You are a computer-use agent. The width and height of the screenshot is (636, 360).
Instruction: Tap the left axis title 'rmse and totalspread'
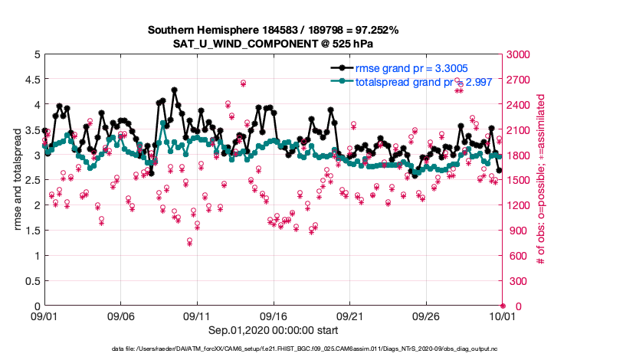pyautogui.click(x=18, y=180)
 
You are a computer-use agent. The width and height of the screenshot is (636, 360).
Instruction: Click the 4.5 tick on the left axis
pyautogui.click(x=31, y=80)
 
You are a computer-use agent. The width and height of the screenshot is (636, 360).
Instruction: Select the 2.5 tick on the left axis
pyautogui.click(x=31, y=180)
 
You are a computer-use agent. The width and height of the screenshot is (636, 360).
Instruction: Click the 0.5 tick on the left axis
pyautogui.click(x=31, y=281)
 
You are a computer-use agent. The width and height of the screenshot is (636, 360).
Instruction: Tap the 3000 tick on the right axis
pyautogui.click(x=519, y=54)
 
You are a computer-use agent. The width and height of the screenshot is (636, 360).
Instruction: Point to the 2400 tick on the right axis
pyautogui.click(x=519, y=105)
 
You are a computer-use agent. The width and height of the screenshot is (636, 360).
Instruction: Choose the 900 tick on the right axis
pyautogui.click(x=516, y=231)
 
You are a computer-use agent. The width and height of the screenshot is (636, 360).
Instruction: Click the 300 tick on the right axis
pyautogui.click(x=516, y=281)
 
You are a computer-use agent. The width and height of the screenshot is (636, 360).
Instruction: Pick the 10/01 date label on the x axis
pyautogui.click(x=503, y=316)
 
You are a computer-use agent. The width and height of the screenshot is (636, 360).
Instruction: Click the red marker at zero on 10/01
pyautogui.click(x=503, y=306)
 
